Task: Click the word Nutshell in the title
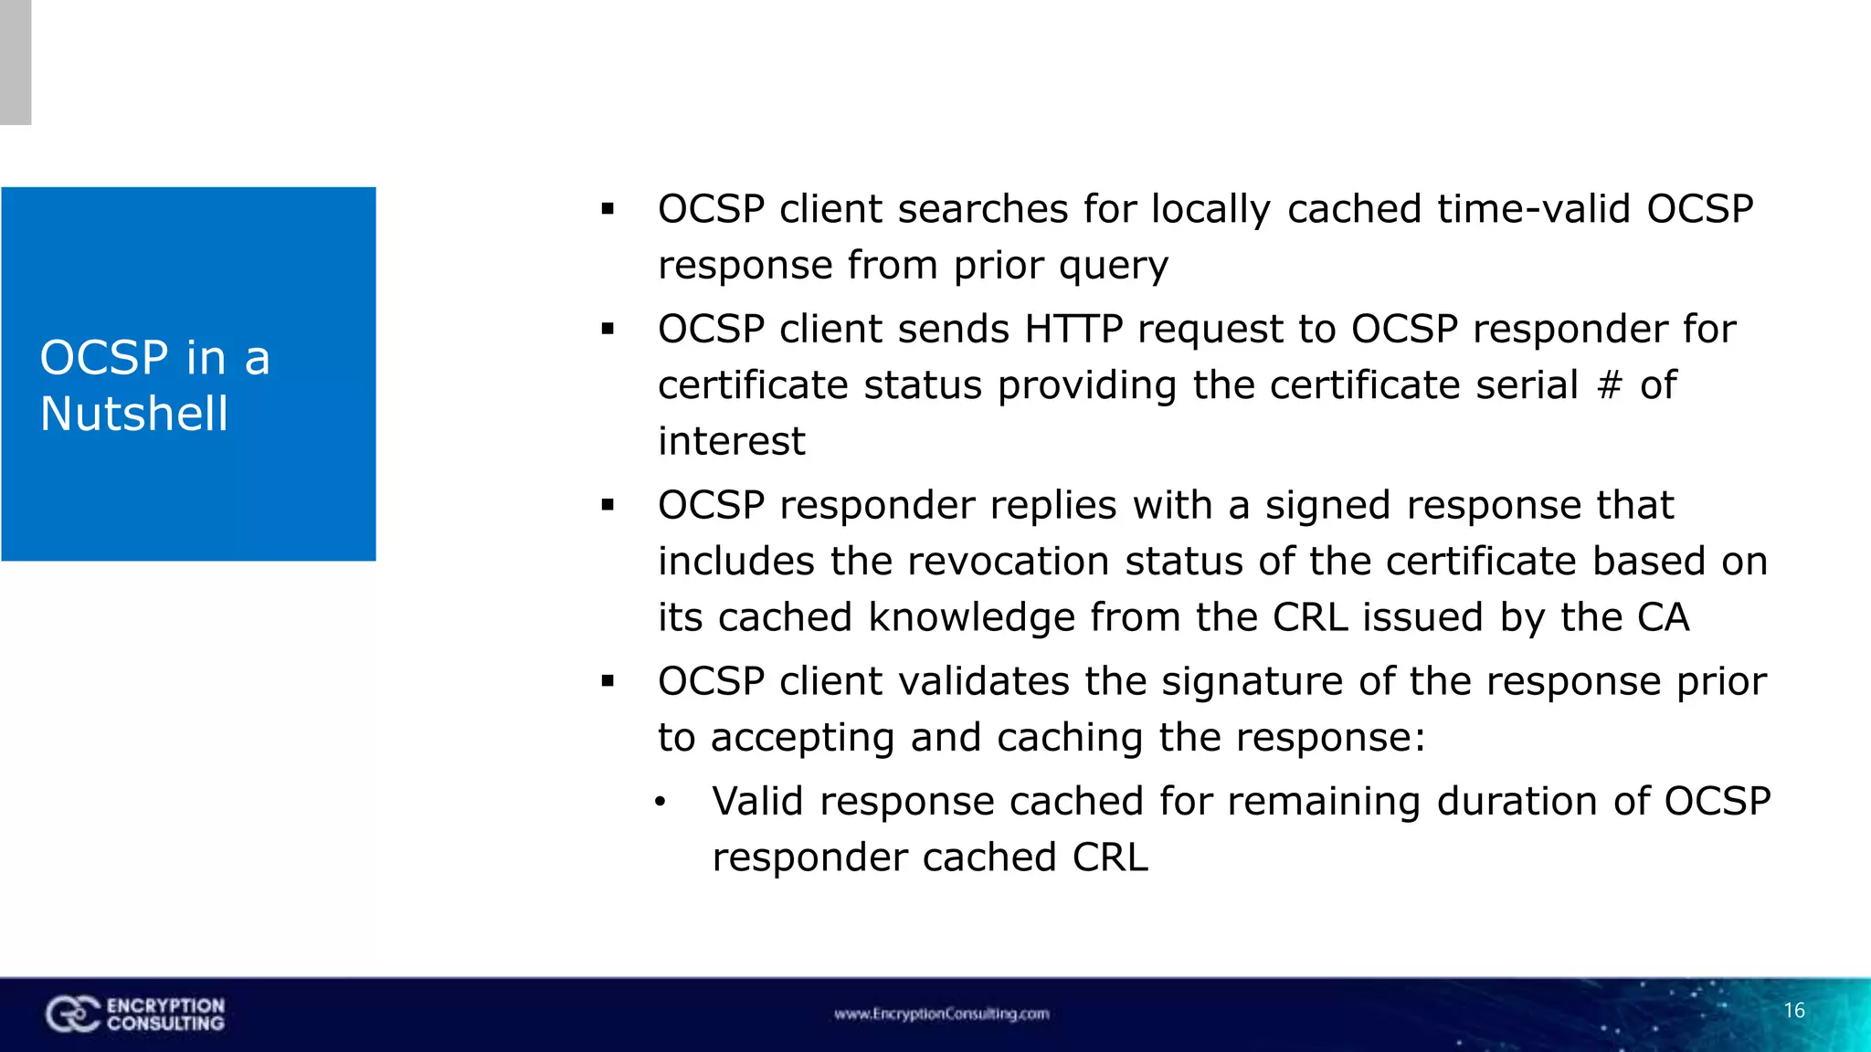point(133,414)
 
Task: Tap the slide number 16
point(1794,1010)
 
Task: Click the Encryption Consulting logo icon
point(72,1014)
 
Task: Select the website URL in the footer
point(941,1014)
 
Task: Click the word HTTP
point(1073,329)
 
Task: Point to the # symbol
point(1610,385)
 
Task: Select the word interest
point(731,441)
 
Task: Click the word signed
point(1327,506)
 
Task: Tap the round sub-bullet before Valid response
point(661,804)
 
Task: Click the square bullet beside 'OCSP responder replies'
point(608,505)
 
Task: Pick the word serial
point(1527,385)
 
